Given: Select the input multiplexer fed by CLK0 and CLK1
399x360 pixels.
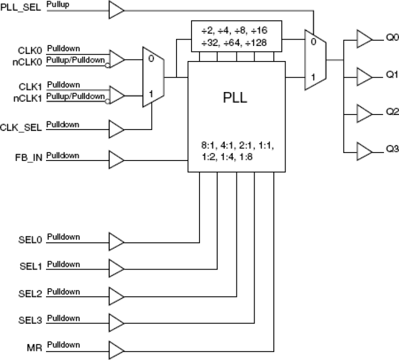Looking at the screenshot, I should tap(151, 76).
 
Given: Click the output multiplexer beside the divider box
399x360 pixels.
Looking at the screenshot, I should tap(313, 59).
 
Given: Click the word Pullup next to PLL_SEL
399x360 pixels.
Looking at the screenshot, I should tap(57, 4).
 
